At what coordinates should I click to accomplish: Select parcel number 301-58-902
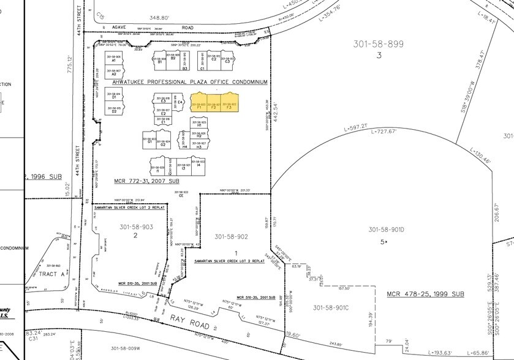[x=231, y=236]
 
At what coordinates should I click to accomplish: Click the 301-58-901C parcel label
[x=334, y=307]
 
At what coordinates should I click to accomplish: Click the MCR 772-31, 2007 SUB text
[x=146, y=181]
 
